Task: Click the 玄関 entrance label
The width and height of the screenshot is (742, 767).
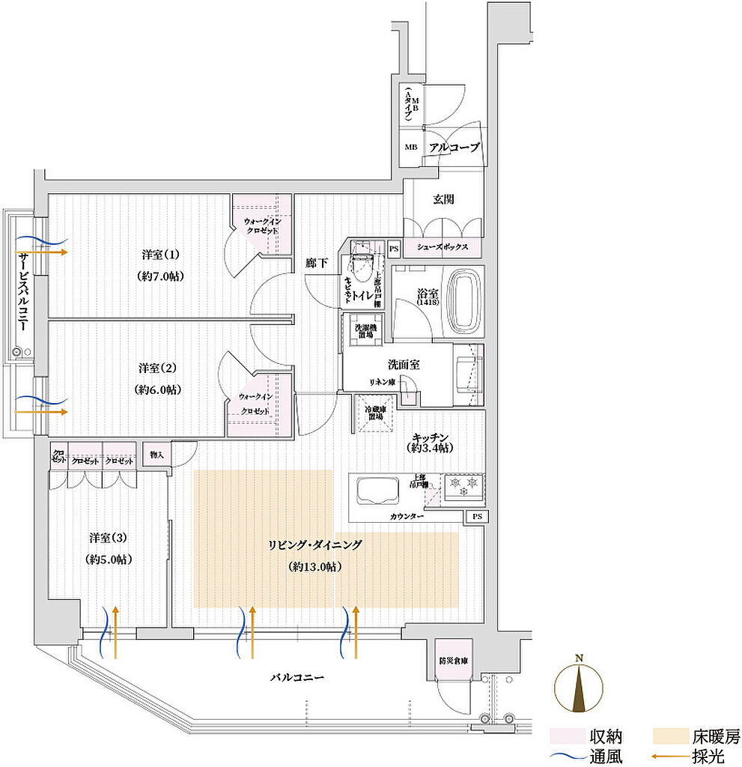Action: point(443,200)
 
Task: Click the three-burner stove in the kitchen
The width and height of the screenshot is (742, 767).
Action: point(463,488)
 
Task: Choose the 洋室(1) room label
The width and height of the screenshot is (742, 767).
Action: point(161,254)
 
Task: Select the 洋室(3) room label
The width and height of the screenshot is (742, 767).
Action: point(108,538)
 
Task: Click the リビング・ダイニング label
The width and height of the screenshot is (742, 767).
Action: point(315,545)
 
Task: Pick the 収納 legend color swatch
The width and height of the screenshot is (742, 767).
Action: point(562,736)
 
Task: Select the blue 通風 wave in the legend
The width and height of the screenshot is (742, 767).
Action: point(562,757)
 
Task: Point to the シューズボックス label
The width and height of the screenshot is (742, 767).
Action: point(443,248)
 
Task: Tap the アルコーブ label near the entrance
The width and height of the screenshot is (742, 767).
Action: point(453,148)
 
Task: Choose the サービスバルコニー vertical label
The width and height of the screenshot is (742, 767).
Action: point(22,292)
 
